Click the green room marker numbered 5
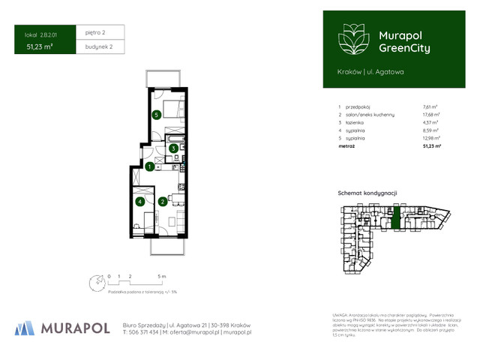[156, 115]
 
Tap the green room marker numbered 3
[172, 148]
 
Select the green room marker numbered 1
[150, 166]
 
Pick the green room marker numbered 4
[139, 202]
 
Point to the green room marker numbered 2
[163, 202]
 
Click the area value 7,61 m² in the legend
[430, 108]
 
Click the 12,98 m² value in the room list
[431, 139]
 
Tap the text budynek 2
[98, 47]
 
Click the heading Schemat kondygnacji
[367, 193]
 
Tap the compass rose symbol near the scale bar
[95, 283]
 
